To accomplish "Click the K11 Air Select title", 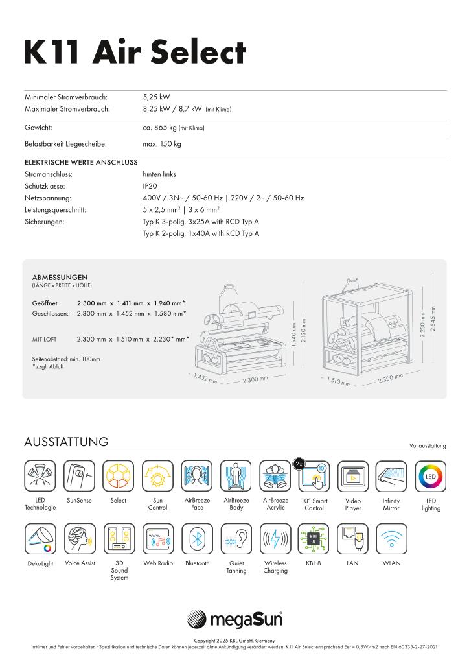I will click(135, 52).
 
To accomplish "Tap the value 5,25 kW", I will click(156, 97).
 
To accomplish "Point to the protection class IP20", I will click(150, 186).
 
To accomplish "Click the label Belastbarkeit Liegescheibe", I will click(65, 144).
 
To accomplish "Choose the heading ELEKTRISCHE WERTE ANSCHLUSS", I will click(80, 162).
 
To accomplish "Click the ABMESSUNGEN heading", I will click(60, 277).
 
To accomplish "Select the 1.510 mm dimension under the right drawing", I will click(339, 381).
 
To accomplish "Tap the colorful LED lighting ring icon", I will click(431, 476).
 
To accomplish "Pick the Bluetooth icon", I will click(197, 538).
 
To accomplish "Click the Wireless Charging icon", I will click(275, 538).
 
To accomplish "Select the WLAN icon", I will click(391, 538).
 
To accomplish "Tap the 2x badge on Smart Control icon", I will click(299, 464).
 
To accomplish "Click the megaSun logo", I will click(234, 620).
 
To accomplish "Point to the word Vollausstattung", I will click(428, 446).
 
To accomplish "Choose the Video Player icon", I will click(353, 476).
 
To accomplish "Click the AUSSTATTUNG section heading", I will click(66, 442).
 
